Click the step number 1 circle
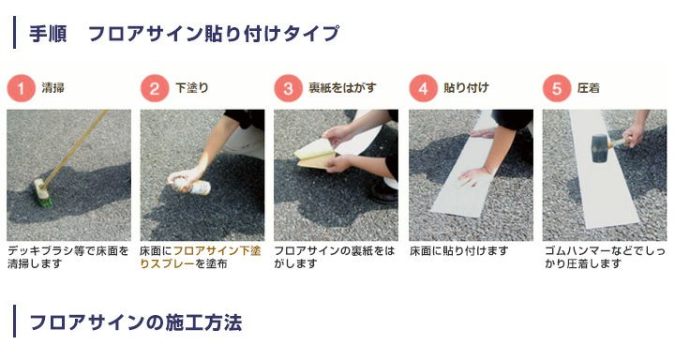coord(22,89)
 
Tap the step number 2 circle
coord(155,89)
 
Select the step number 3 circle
coord(289,89)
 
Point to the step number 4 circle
coord(423,89)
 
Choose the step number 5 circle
coord(557,89)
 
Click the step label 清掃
coord(53,89)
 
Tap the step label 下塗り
coord(192,89)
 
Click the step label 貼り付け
coord(466,89)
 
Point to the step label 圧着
coord(589,89)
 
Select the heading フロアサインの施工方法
coord(136,323)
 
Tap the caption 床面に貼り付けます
coord(459,251)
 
